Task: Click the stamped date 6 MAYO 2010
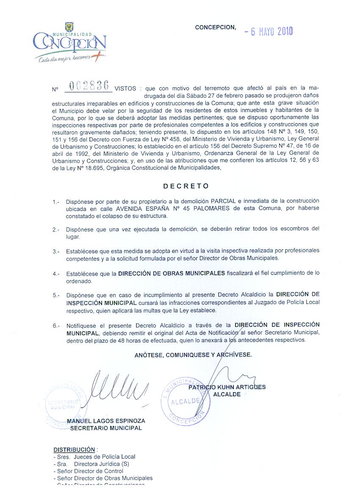tap(269, 31)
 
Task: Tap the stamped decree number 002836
tap(89, 86)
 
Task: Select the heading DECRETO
tap(186, 186)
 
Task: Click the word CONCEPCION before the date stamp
tap(215, 28)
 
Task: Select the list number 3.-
tap(56, 251)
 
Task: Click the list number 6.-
tap(56, 326)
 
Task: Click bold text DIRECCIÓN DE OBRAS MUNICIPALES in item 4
tap(172, 274)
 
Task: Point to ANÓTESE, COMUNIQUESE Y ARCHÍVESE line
tap(193, 355)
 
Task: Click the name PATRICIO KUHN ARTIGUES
tap(227, 387)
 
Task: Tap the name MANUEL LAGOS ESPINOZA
tap(106, 421)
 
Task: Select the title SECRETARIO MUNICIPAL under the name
tap(106, 428)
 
